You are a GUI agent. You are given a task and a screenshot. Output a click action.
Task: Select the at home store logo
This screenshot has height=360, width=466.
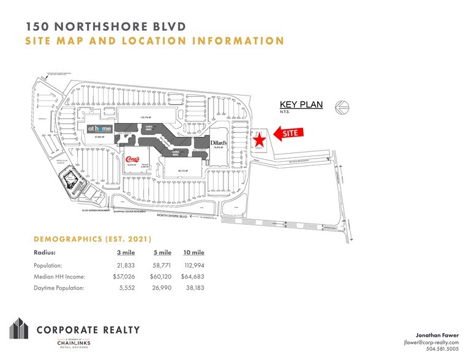pos(99,129)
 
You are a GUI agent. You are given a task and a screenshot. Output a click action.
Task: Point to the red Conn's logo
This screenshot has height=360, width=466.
pos(130,161)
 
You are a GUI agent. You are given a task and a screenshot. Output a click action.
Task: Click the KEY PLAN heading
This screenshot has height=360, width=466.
pos(301,105)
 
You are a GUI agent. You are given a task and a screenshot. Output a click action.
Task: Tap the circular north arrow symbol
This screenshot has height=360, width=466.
pos(340,108)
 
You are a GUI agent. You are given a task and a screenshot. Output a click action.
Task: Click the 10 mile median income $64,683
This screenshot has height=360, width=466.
pos(194,277)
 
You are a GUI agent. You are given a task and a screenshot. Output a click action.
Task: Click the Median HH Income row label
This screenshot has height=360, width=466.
pos(59,277)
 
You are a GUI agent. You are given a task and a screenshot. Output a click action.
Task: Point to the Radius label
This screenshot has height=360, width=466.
pos(44,252)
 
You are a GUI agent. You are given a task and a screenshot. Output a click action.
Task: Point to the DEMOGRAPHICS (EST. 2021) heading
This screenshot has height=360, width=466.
pos(92,239)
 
